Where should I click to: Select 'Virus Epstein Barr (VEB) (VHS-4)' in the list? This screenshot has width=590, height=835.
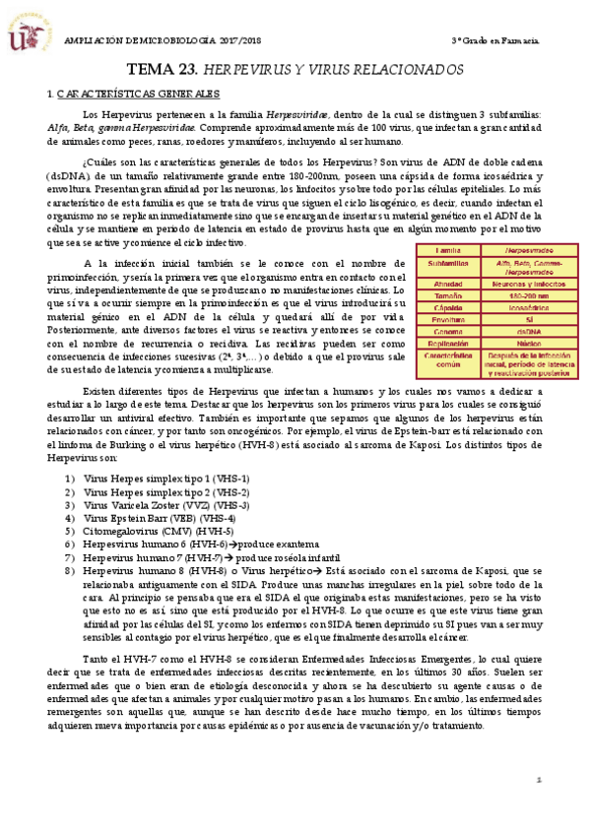(x=161, y=517)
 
